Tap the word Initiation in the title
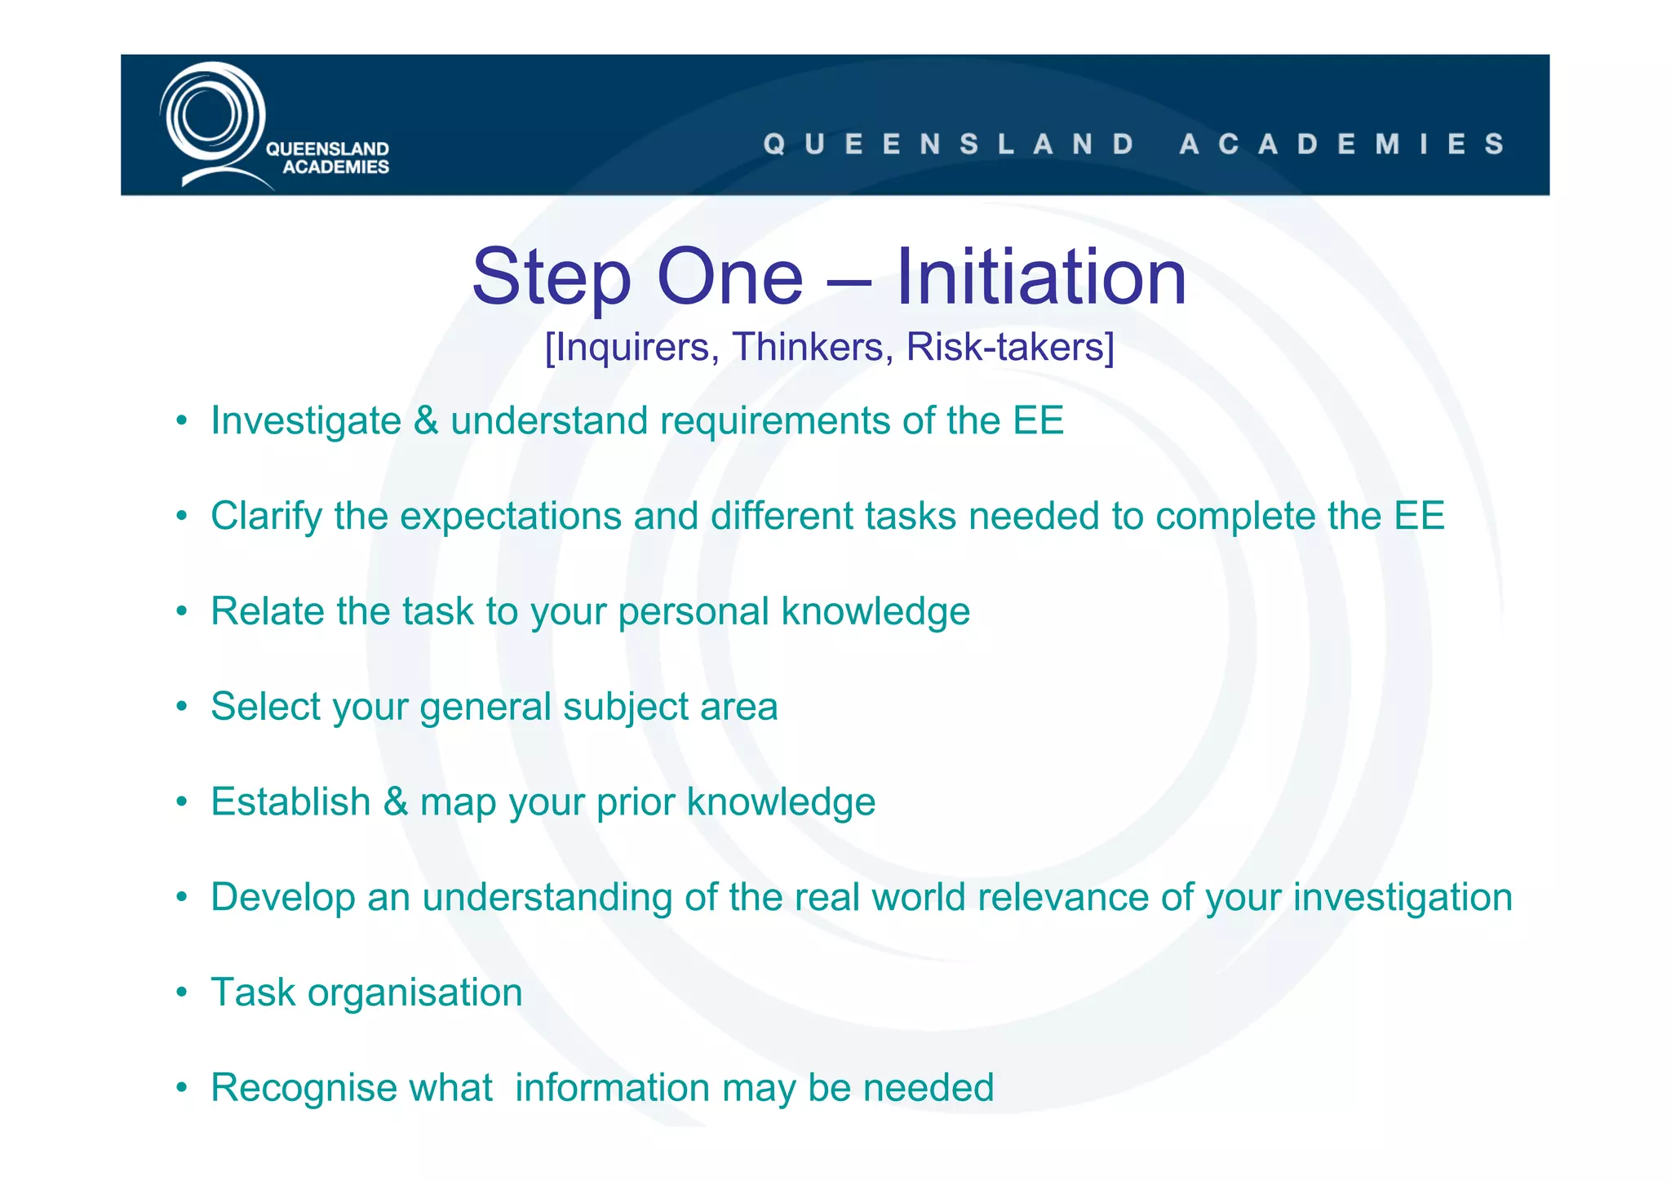point(1040,277)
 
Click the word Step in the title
point(552,277)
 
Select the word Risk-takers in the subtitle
point(1009,347)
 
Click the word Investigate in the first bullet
point(306,421)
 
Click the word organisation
point(415,992)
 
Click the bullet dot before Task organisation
point(182,993)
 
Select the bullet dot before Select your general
point(182,708)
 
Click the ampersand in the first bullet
point(426,421)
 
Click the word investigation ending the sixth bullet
point(1403,897)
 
